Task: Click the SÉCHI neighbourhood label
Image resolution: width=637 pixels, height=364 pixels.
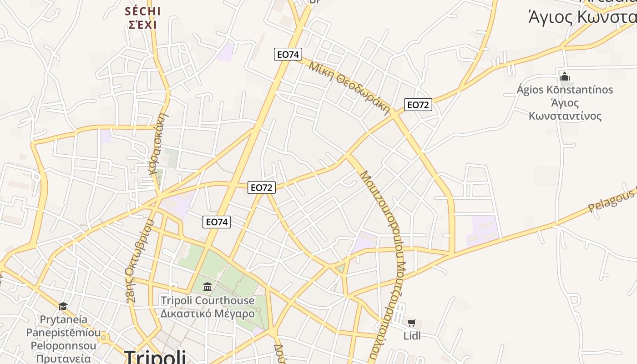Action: coord(143,11)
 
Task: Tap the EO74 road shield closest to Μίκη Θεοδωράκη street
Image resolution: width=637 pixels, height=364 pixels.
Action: coord(288,54)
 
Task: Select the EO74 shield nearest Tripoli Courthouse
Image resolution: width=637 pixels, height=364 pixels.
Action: coord(217,222)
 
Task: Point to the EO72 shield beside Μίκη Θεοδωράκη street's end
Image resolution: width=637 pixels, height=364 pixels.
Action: coord(418,105)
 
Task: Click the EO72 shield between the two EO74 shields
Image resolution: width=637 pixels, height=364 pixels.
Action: coord(262,187)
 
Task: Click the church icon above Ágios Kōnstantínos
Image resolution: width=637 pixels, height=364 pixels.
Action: coord(565,76)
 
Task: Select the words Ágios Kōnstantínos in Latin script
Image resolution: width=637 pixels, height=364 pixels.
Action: coord(565,90)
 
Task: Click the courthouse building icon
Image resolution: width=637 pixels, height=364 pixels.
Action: coord(207,287)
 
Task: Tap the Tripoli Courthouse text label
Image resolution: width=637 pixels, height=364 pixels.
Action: coord(207,301)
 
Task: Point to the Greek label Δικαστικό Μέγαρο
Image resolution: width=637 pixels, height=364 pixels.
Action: coord(207,313)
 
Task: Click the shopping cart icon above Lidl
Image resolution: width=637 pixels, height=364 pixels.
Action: coord(412,323)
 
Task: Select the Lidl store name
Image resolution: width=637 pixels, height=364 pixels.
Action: coord(412,336)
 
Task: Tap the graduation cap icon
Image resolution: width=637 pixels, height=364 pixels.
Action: coord(63,307)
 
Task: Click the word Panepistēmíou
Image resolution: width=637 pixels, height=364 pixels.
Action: coord(63,333)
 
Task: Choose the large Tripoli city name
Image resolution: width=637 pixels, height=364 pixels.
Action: coord(155,356)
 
